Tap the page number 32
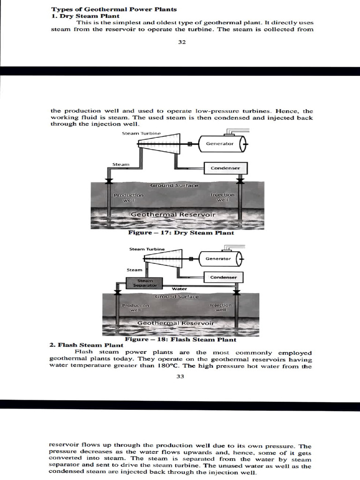coord(182,42)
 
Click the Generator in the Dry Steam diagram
coord(220,144)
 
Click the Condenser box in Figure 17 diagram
coord(225,168)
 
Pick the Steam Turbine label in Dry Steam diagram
coord(141,134)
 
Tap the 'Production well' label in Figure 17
coord(128,197)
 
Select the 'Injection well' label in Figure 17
coord(223,197)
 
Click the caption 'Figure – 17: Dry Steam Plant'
coord(181,232)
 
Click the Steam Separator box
coord(142,283)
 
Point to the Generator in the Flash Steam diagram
coord(218,259)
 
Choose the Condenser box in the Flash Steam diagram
coord(223,277)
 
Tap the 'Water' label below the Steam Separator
coord(180,289)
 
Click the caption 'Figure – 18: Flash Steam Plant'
coord(180,339)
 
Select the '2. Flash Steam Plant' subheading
coord(86,345)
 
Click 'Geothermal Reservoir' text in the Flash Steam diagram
coord(175,323)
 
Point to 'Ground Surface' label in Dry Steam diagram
coord(174,186)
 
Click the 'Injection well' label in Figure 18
coord(221,307)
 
